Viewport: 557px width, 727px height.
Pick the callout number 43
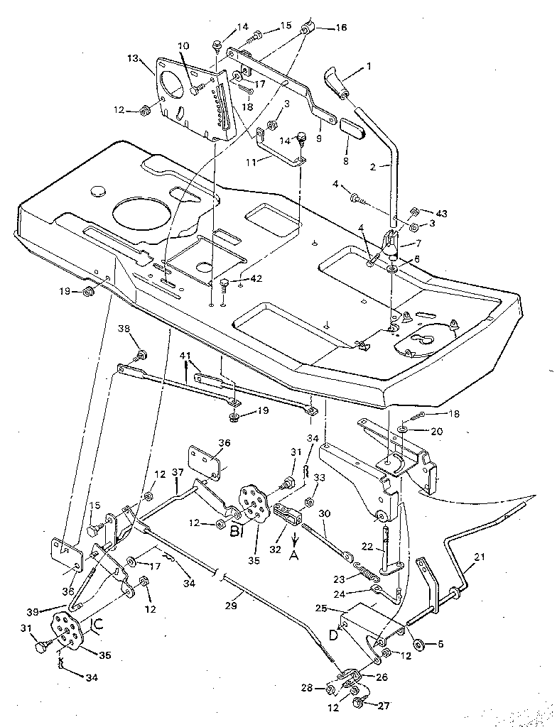[441, 212]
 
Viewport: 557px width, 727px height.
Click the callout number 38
[124, 329]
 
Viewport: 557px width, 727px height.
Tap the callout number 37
[177, 472]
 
